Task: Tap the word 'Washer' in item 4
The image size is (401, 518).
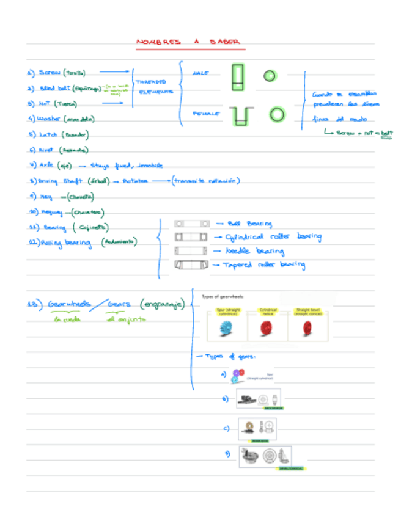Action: [49, 119]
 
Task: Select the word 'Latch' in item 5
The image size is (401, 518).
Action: [47, 134]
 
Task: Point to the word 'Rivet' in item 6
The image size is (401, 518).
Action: [46, 150]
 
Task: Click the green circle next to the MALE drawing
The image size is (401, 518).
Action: [269, 76]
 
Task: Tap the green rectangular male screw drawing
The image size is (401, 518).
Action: [238, 77]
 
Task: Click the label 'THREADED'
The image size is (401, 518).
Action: [151, 81]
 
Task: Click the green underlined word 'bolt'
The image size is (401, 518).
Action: [387, 133]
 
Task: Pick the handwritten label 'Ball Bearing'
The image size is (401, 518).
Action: [249, 224]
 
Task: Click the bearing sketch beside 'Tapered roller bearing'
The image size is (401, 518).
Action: [187, 264]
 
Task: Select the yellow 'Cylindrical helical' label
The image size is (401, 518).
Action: [268, 311]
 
